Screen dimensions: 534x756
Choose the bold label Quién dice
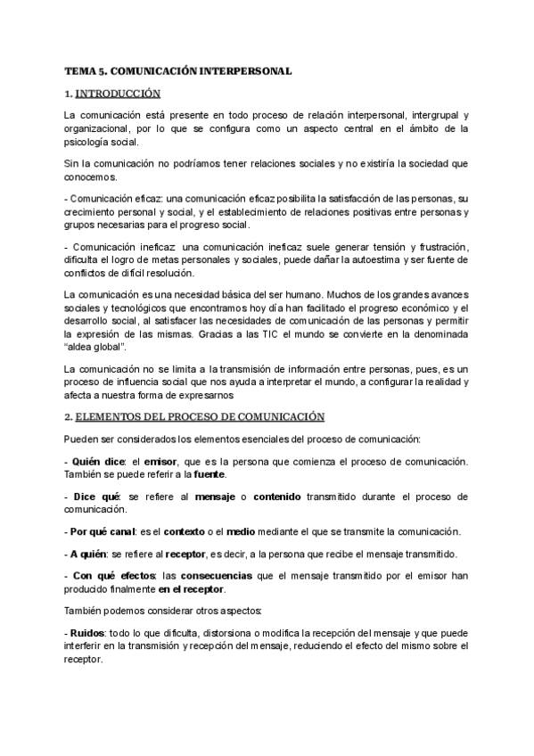coord(97,461)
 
